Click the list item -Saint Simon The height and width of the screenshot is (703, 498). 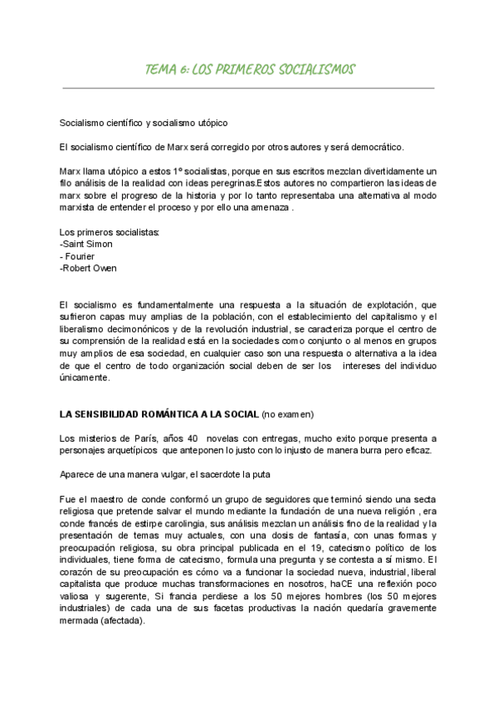[86, 245]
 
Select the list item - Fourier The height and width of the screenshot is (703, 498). [80, 256]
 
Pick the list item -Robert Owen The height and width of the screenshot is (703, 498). [89, 269]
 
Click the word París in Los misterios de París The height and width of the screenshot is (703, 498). [163, 438]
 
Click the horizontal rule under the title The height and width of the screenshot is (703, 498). [249, 87]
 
